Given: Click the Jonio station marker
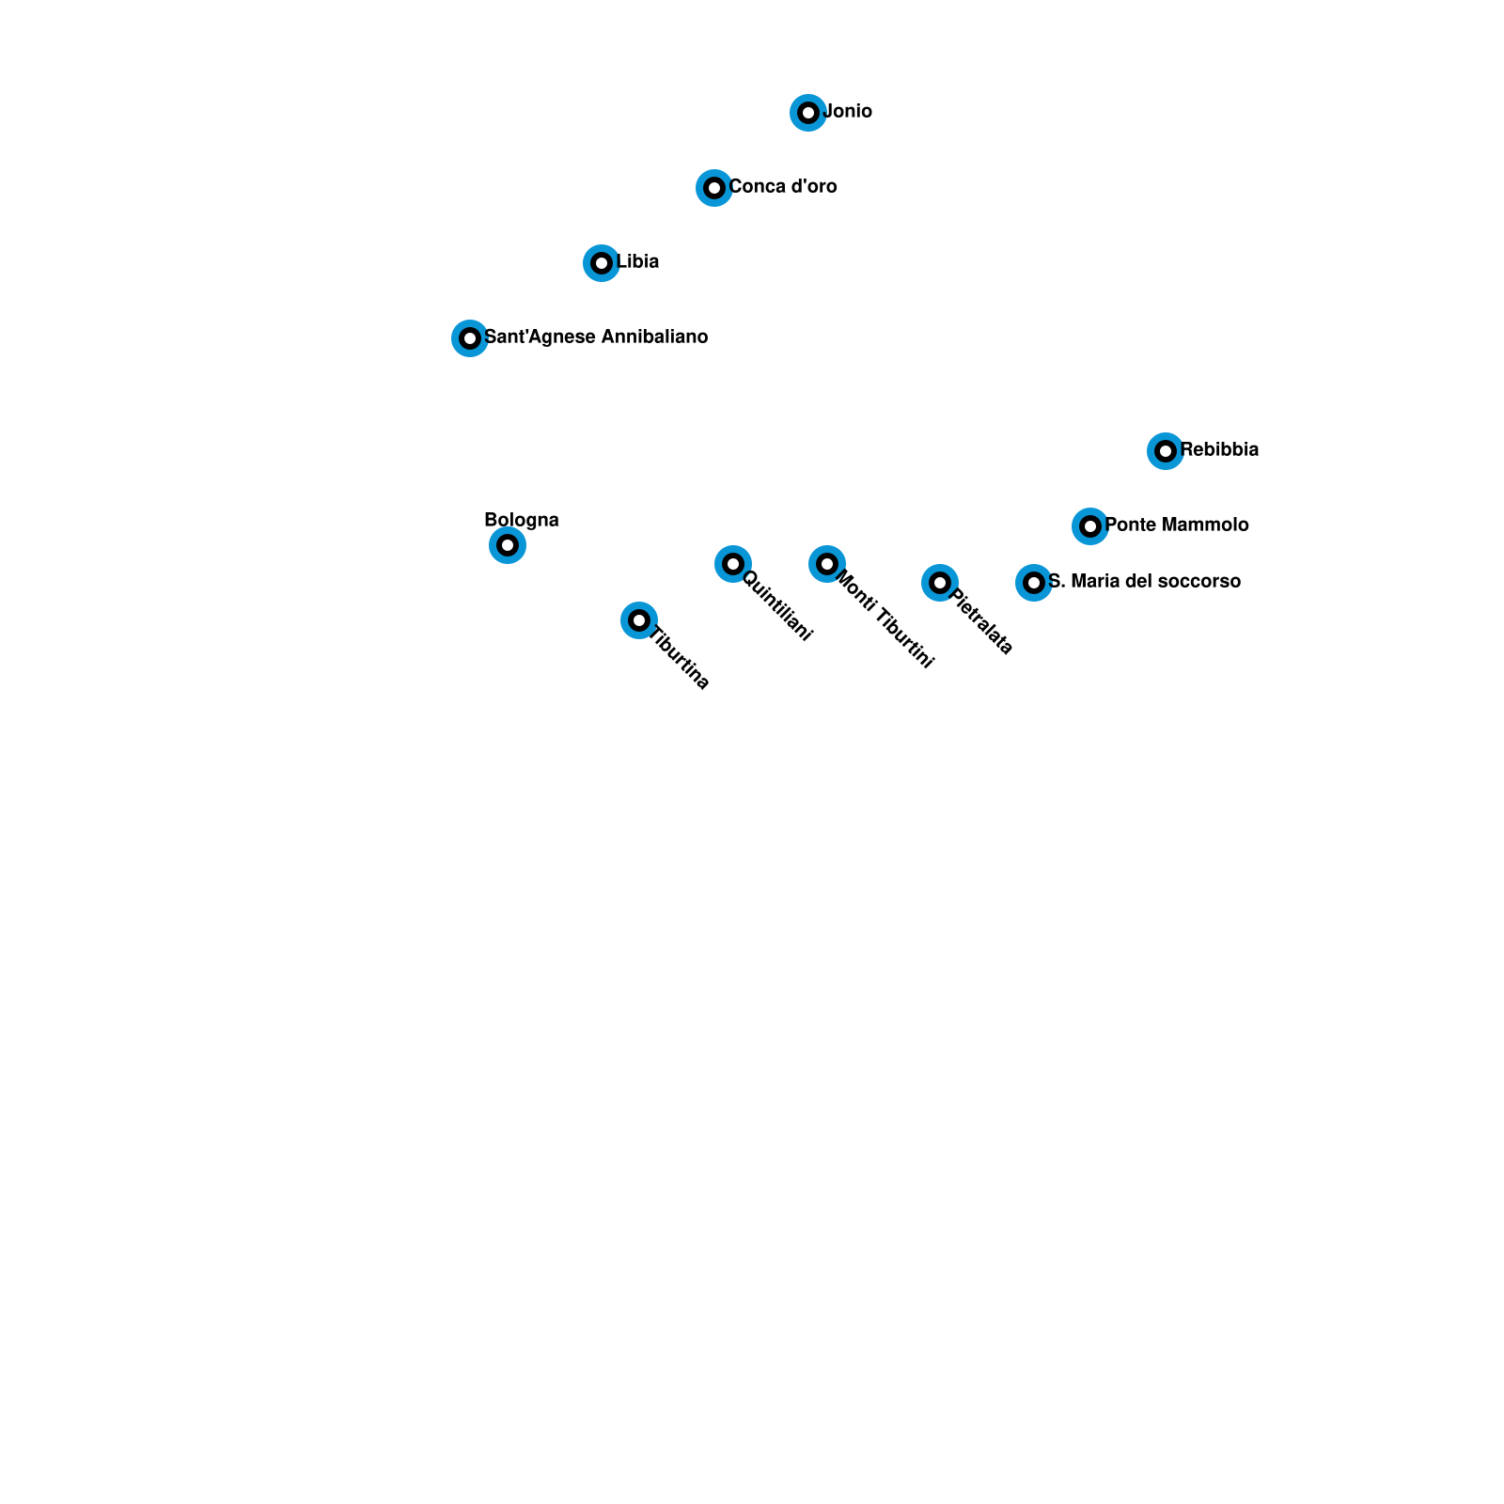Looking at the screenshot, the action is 808,113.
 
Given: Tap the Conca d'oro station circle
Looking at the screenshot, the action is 714,188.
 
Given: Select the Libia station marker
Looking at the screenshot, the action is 602,263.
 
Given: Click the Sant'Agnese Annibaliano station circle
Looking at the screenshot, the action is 470,338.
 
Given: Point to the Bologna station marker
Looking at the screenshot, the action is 508,545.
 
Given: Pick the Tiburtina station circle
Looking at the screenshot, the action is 639,620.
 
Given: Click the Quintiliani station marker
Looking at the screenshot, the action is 733,564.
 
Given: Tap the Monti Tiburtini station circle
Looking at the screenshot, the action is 827,564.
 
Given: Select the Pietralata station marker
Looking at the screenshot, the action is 940,583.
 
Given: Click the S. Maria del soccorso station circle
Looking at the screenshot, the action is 1034,583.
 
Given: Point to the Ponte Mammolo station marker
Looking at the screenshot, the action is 1090,526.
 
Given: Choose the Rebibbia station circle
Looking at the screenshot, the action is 1166,451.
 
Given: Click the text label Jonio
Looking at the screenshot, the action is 848,112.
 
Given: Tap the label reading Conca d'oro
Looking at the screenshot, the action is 783,187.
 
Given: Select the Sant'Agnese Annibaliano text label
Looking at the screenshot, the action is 596,337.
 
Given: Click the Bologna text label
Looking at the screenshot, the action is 522,520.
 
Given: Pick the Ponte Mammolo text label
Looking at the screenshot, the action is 1177,525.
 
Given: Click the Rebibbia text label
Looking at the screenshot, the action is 1219,450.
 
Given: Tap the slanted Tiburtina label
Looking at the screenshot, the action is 680,657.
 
